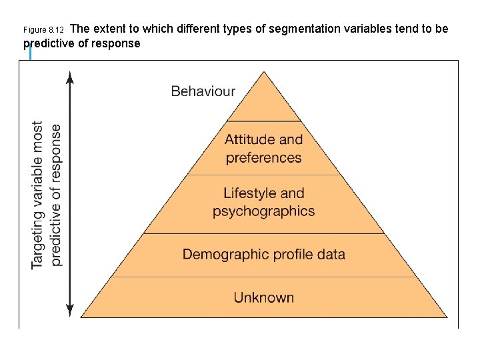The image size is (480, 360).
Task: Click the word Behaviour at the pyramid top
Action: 203,91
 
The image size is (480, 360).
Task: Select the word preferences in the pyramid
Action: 263,158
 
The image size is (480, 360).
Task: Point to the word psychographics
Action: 263,211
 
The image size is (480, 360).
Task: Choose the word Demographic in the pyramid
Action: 223,254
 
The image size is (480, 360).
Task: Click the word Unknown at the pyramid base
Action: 263,297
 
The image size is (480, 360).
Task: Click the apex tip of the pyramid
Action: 265,72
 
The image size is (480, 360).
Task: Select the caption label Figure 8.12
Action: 43,30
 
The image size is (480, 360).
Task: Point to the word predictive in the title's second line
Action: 51,44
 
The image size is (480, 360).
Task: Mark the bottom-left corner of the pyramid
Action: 81,317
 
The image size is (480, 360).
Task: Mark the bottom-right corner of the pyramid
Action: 447,317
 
